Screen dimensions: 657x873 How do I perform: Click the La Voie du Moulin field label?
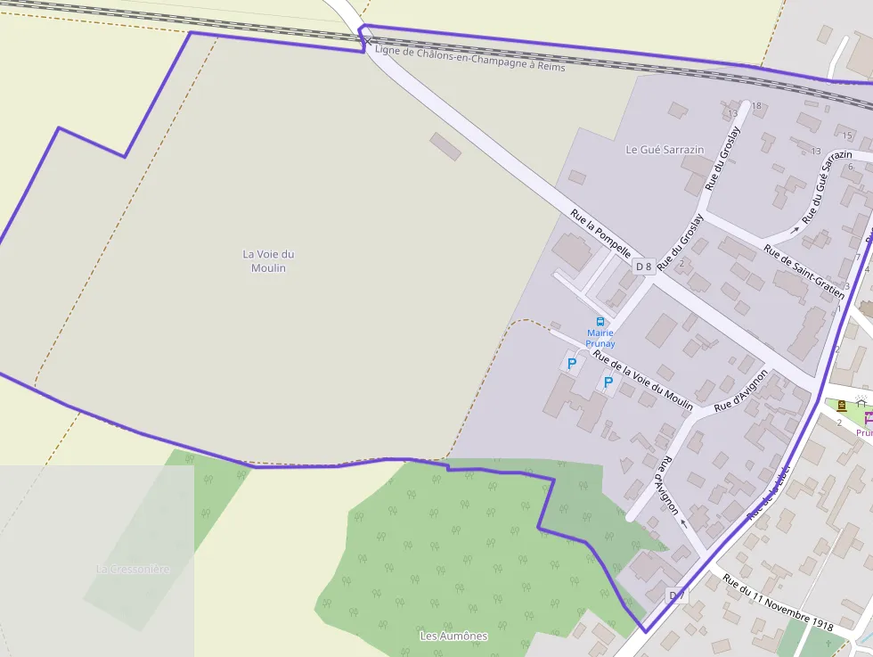[268, 261]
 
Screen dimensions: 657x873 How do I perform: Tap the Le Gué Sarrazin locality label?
[665, 150]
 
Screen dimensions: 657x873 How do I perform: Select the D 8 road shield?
[643, 267]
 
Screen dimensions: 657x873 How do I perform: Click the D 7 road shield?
[677, 595]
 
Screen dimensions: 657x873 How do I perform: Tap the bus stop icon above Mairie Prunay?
[600, 322]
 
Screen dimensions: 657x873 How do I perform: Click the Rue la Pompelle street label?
[600, 233]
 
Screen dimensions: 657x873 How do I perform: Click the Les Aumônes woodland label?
[453, 636]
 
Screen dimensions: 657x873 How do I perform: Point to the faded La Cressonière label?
[133, 569]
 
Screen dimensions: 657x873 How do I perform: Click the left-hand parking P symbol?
[571, 364]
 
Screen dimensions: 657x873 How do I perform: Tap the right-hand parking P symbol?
[608, 382]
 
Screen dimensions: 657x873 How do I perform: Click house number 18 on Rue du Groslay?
[757, 106]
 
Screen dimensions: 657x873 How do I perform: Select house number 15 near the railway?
[846, 136]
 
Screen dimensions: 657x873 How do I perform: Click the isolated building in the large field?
[445, 146]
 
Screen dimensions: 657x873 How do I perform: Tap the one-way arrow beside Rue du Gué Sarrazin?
[795, 229]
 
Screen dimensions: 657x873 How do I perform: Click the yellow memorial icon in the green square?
[842, 405]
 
